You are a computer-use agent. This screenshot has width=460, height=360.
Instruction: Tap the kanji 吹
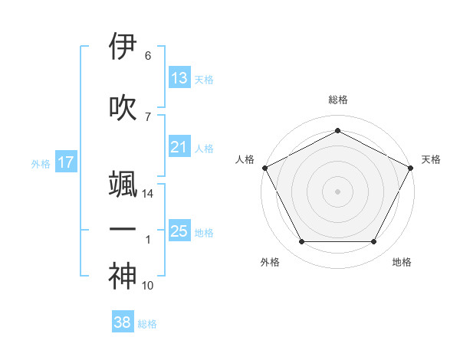[123, 106]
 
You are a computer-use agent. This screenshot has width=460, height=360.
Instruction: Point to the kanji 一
[123, 229]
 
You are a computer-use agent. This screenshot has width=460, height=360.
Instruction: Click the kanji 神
[123, 277]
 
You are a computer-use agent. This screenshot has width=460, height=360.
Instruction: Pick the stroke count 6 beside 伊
[148, 56]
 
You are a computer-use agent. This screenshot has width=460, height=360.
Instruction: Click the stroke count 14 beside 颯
[149, 195]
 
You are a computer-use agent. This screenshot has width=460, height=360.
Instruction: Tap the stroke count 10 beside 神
[148, 286]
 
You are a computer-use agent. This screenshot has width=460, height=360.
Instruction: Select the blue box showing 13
[179, 78]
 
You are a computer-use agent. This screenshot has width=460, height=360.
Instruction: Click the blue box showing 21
[179, 147]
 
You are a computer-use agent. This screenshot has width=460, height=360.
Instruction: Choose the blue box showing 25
[179, 231]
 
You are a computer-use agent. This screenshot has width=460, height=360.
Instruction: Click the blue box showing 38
[123, 323]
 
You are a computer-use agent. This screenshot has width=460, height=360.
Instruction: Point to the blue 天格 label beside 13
[204, 79]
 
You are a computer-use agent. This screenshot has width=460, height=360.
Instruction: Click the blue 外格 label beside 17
[41, 163]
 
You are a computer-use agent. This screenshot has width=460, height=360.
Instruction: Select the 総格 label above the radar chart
[337, 100]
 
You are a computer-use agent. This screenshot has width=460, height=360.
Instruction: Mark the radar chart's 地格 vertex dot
[374, 242]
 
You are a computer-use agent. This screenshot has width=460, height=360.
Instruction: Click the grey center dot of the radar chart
[337, 191]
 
